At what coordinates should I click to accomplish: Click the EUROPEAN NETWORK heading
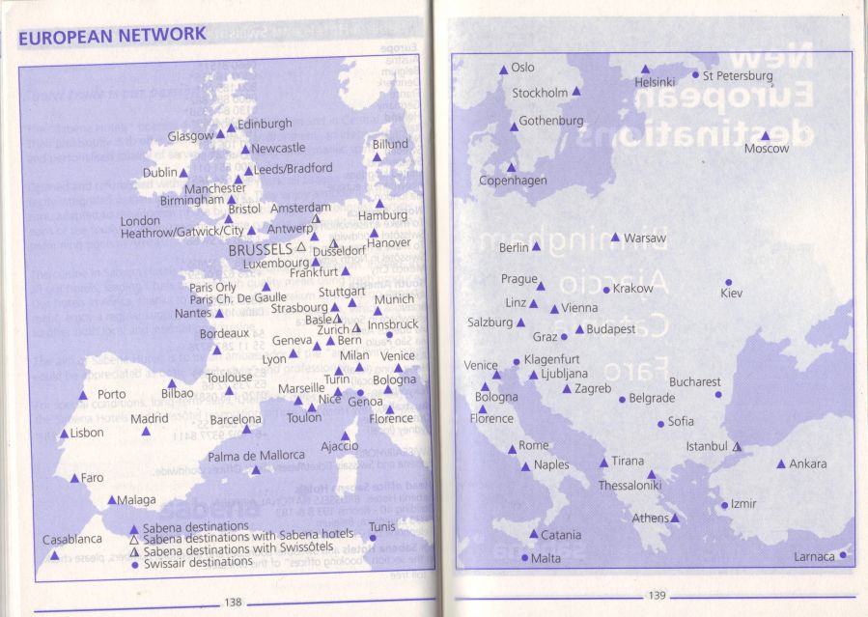click(112, 36)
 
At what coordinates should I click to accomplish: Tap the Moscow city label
click(766, 149)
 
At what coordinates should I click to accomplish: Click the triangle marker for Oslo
click(503, 70)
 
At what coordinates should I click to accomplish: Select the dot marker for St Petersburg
click(695, 74)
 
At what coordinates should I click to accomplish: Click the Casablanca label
click(71, 540)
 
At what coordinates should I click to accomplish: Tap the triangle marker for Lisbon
click(65, 434)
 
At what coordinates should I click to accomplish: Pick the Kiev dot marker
click(728, 282)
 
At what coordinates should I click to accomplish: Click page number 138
click(233, 603)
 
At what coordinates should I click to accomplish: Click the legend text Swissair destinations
click(197, 562)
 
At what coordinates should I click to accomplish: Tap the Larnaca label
click(814, 557)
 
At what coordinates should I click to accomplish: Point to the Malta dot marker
click(525, 557)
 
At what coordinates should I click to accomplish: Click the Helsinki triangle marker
click(646, 70)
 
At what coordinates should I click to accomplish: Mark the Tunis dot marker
click(373, 538)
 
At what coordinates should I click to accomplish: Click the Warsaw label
click(644, 238)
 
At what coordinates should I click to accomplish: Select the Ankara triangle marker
click(781, 464)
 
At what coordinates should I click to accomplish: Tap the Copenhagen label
click(513, 181)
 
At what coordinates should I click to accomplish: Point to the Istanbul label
click(706, 446)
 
